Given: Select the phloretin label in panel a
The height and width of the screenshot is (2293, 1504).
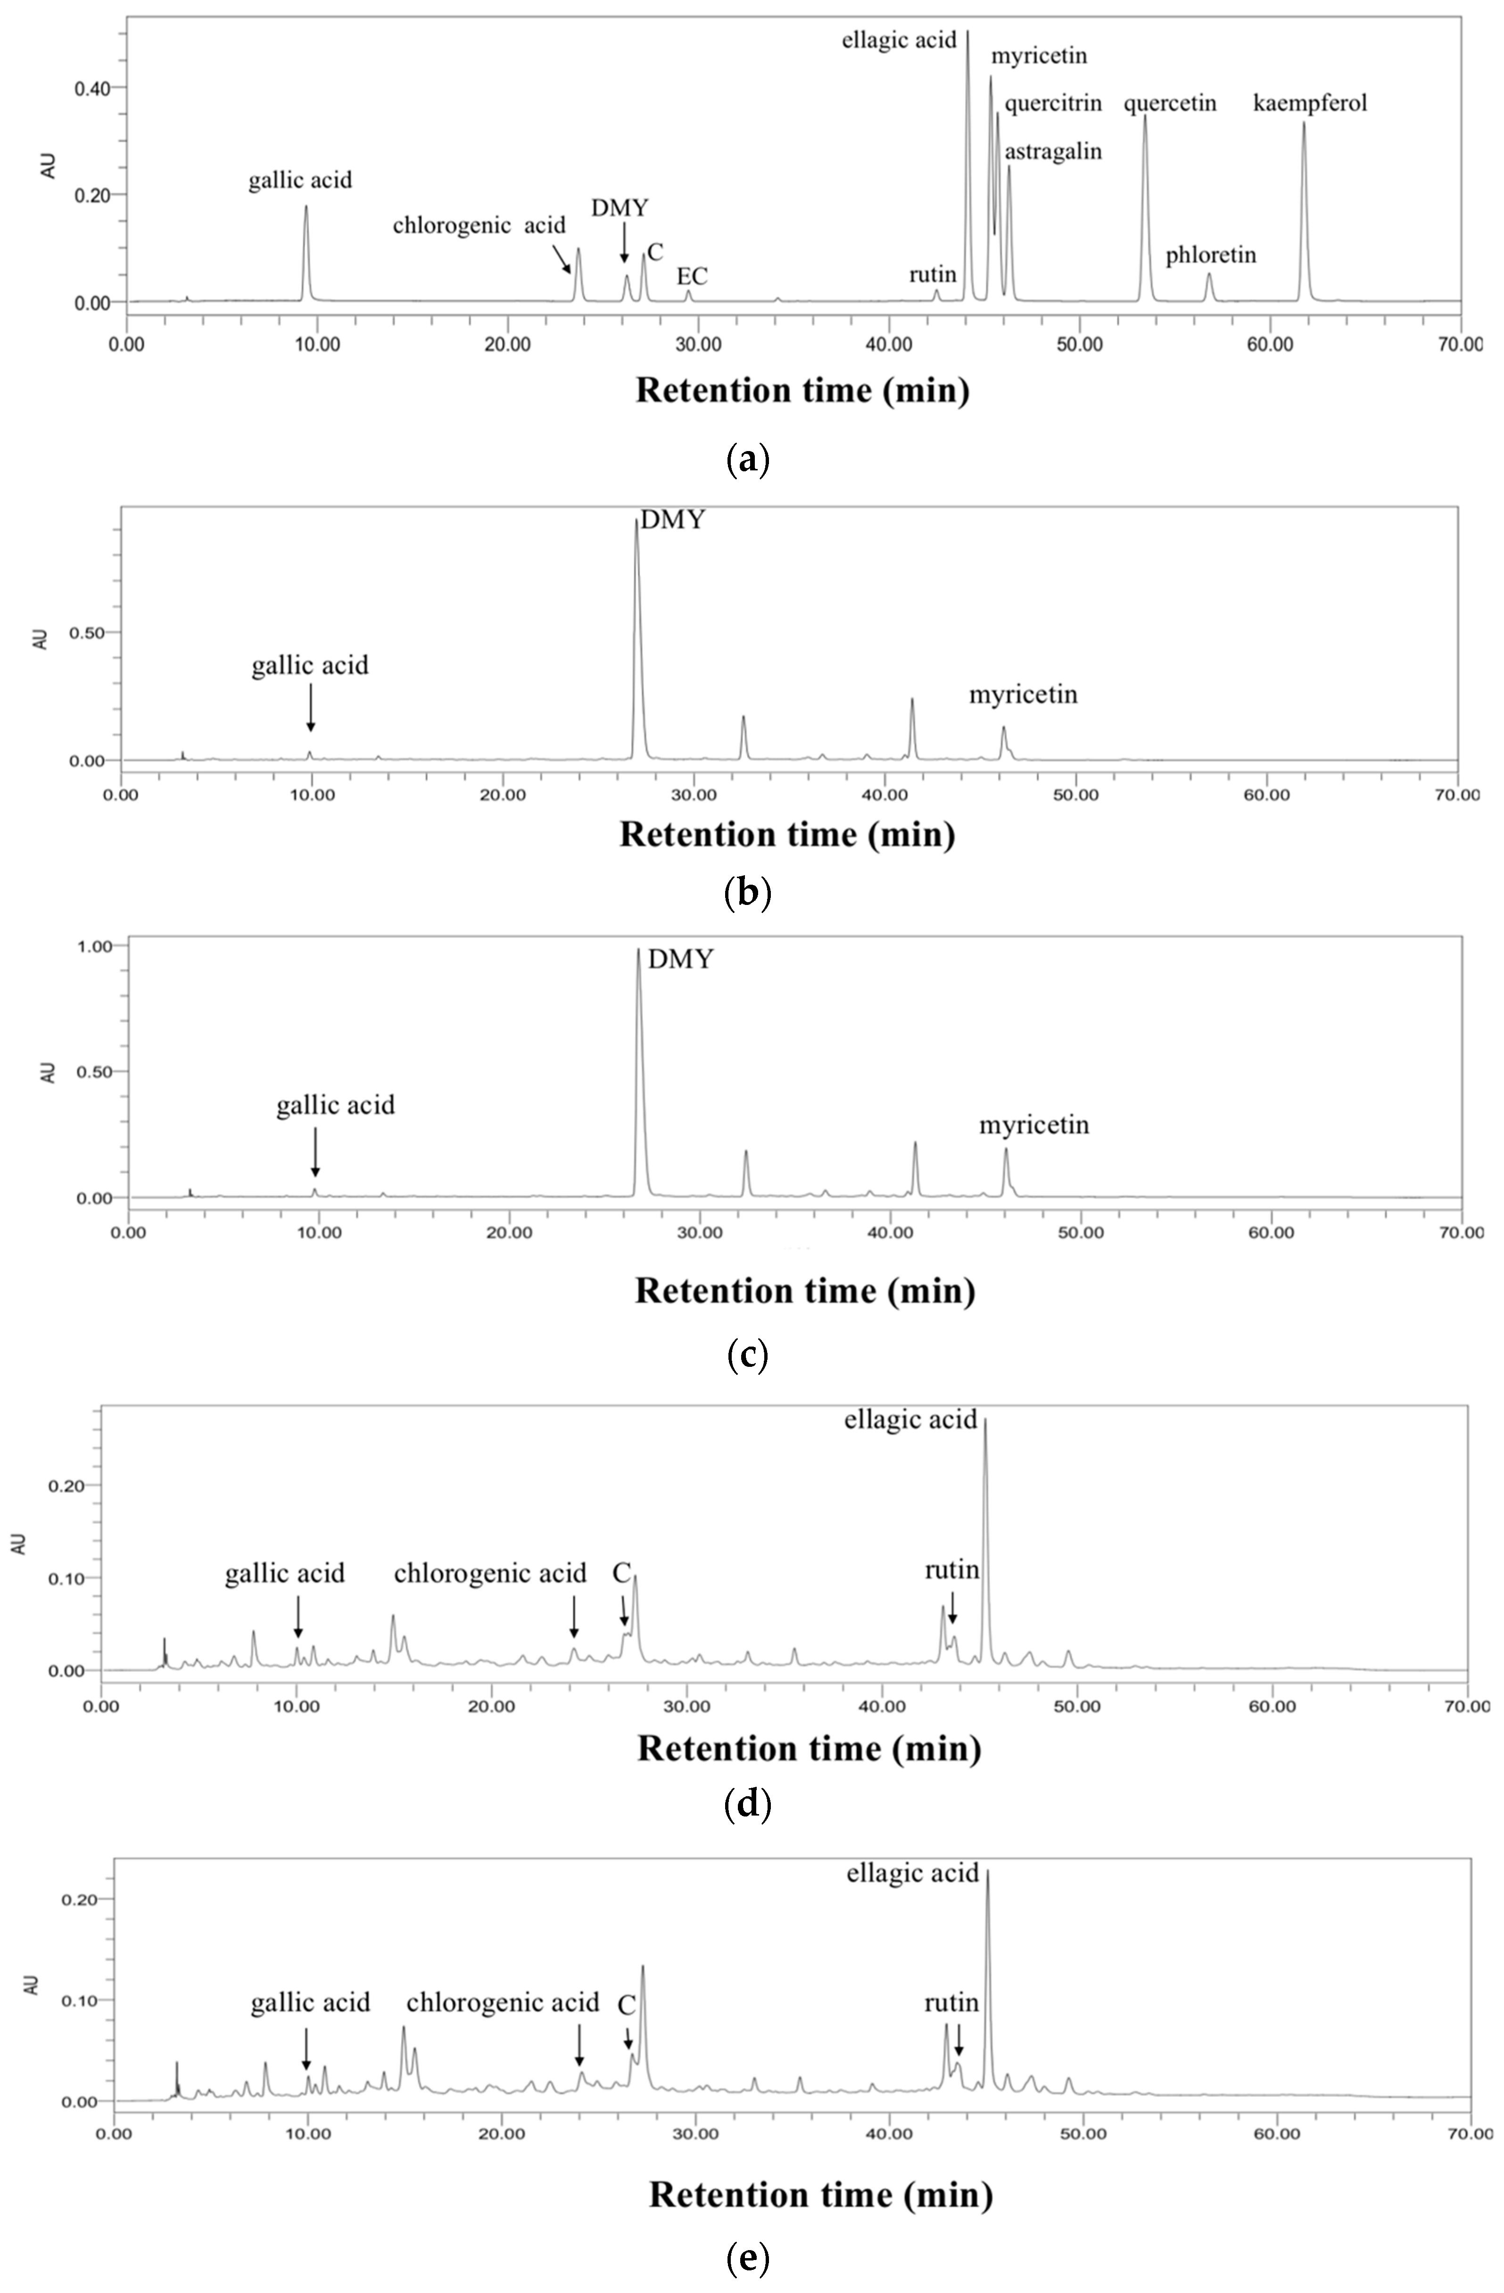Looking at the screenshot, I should (1210, 255).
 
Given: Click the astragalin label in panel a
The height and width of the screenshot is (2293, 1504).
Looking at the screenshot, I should (1053, 151).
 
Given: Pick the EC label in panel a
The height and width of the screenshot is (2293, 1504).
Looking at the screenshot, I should (692, 277).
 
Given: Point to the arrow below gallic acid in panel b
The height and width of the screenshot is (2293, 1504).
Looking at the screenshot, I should (310, 708).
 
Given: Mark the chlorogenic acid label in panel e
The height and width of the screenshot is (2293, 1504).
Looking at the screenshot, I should (502, 2003).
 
